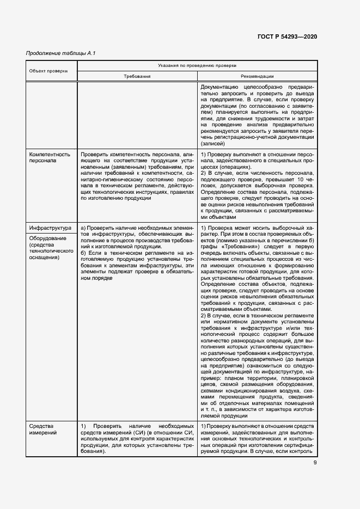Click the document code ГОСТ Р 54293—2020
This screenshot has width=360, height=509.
tap(287, 36)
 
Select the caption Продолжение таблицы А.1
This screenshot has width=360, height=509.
tap(61, 53)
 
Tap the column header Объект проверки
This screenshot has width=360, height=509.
tap(48, 71)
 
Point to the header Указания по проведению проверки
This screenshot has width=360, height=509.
tap(197, 65)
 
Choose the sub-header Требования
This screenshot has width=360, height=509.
tap(137, 77)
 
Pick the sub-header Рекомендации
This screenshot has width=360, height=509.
tap(257, 77)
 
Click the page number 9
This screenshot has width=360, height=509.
tap(315, 463)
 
